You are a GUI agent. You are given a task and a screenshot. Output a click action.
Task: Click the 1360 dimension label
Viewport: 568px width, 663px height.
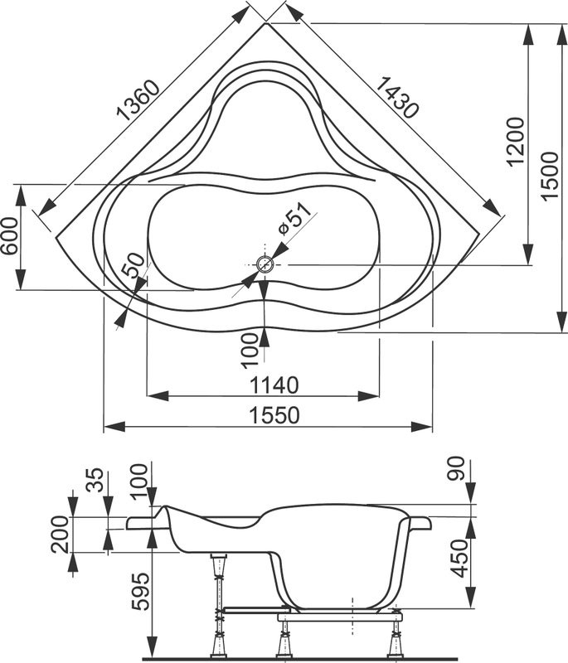(x=136, y=103)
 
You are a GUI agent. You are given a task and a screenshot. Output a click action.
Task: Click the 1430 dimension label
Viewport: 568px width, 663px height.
(x=396, y=98)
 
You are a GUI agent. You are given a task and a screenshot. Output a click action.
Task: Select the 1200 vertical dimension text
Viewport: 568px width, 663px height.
(x=516, y=142)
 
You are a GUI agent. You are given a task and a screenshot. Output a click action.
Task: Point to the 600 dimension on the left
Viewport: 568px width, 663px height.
(x=9, y=237)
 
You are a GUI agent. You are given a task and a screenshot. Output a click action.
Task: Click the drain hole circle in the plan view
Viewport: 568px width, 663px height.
(x=265, y=265)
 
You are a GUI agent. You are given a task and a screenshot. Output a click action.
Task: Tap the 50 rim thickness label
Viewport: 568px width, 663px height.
(x=134, y=271)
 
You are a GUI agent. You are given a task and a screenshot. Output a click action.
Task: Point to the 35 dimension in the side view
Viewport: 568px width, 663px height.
(x=96, y=482)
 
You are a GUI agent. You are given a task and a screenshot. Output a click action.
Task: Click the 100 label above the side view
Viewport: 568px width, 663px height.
(x=139, y=479)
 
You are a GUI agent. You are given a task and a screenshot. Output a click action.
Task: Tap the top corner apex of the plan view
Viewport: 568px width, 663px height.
(x=267, y=23)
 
